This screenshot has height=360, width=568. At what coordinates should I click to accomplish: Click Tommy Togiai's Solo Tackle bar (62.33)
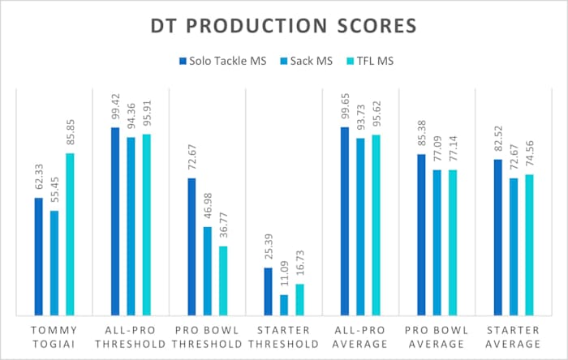(38, 256)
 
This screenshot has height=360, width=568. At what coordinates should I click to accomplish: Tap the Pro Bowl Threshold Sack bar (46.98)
(208, 271)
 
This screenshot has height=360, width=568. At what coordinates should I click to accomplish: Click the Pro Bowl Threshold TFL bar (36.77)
(223, 280)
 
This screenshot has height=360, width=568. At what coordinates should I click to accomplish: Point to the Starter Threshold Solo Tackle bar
(269, 291)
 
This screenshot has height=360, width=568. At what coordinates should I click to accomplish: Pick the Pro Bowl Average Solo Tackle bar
(421, 234)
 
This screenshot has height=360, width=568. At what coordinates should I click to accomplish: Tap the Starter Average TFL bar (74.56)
(529, 244)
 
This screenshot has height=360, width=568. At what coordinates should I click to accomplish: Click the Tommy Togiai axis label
(54, 336)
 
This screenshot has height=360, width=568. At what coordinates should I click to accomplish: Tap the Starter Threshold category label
(284, 336)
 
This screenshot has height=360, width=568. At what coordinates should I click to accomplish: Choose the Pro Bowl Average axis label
(437, 336)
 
